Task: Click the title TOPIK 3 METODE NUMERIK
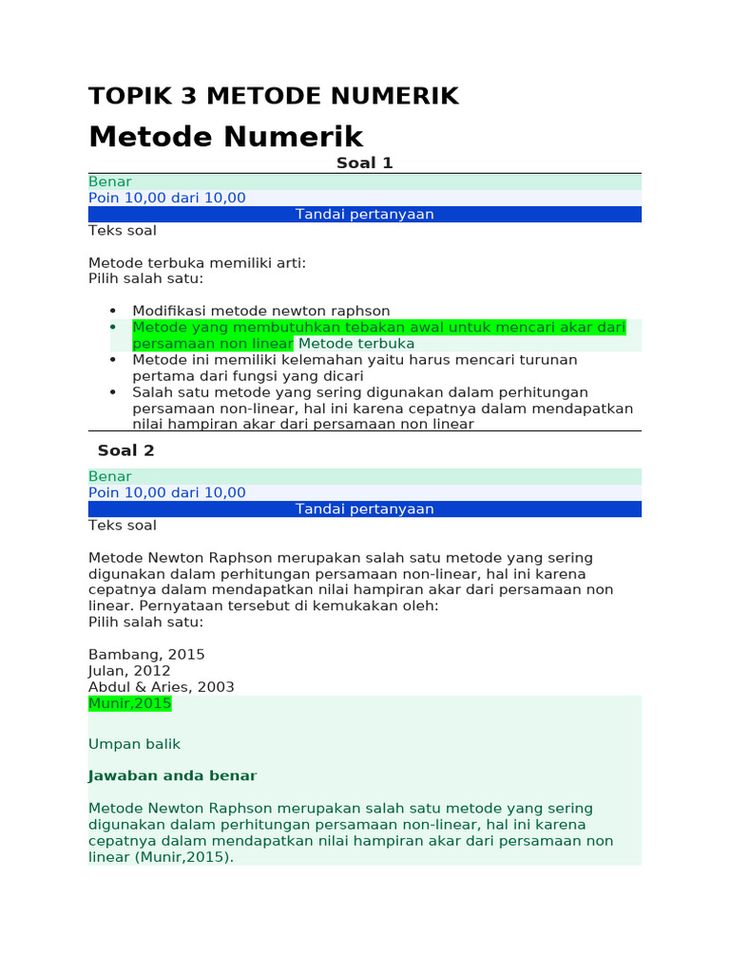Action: pyautogui.click(x=274, y=96)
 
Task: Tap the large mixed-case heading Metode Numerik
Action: pyautogui.click(x=226, y=137)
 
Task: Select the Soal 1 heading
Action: pyautogui.click(x=364, y=163)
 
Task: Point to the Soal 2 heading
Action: pyautogui.click(x=125, y=450)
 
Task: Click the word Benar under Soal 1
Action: pyautogui.click(x=110, y=181)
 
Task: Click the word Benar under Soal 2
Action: pyautogui.click(x=110, y=476)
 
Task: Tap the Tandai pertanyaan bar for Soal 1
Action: pyautogui.click(x=364, y=214)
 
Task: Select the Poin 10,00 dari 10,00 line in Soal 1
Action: pyautogui.click(x=167, y=198)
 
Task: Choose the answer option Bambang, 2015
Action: pyautogui.click(x=146, y=655)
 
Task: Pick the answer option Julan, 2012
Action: pyautogui.click(x=129, y=671)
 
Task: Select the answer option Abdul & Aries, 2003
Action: pyautogui.click(x=162, y=687)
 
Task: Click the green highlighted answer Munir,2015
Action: pyautogui.click(x=130, y=703)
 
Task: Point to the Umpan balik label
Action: pyautogui.click(x=134, y=744)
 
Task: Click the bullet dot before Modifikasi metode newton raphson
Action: pyautogui.click(x=113, y=311)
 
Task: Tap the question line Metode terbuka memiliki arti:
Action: pyautogui.click(x=198, y=262)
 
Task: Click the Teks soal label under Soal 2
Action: pyautogui.click(x=123, y=525)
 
